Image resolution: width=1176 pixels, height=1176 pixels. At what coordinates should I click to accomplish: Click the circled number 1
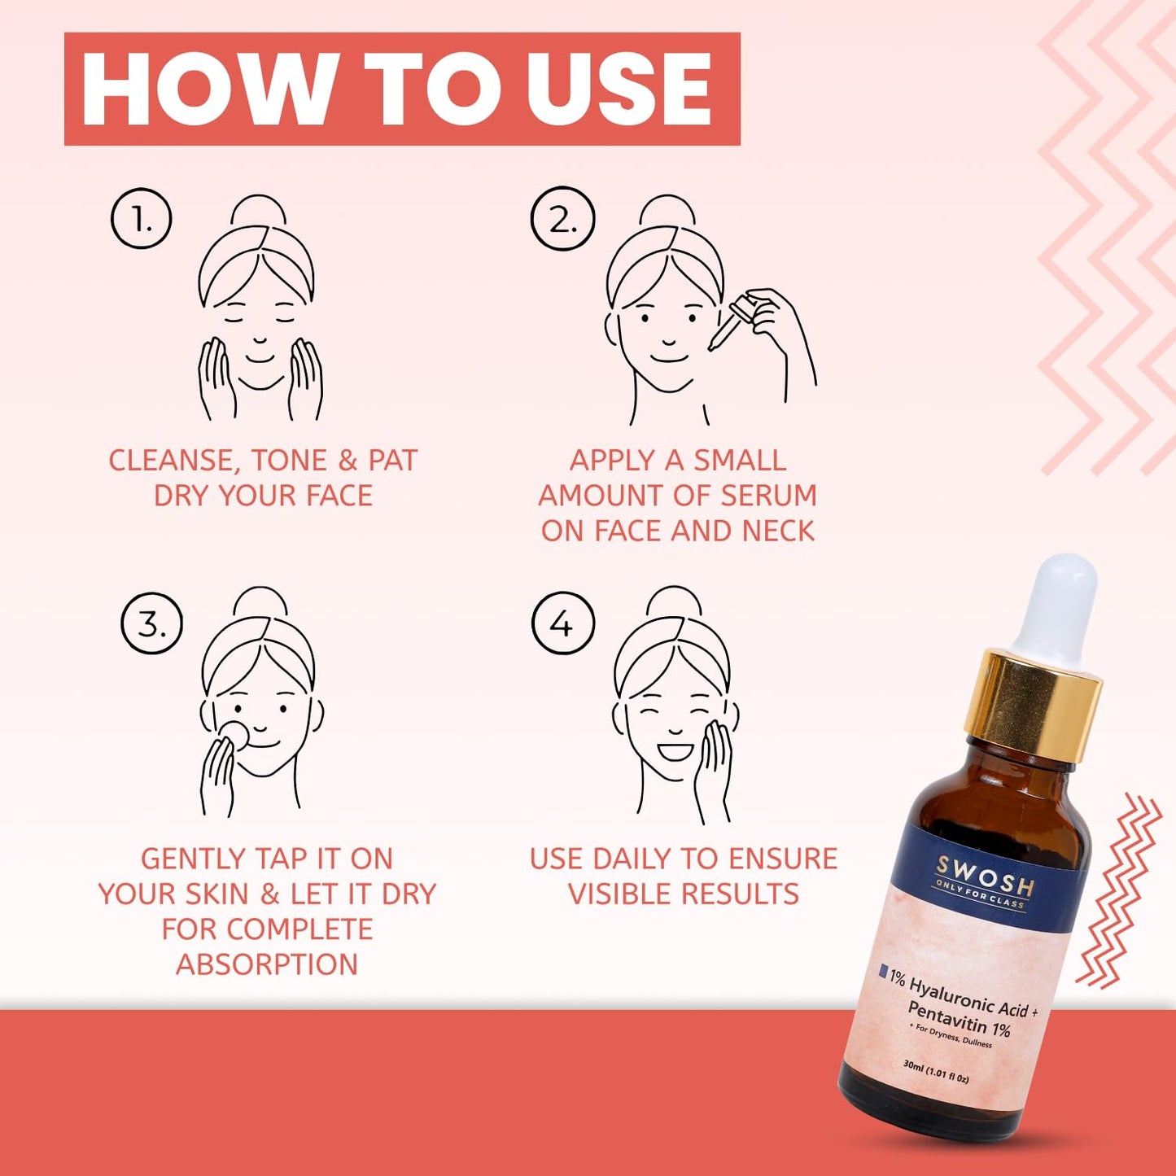142,218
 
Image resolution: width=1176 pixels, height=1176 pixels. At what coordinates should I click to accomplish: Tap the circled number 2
562,219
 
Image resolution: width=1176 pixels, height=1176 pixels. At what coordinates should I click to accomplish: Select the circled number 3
151,624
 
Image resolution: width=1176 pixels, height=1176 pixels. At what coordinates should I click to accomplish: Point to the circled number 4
562,624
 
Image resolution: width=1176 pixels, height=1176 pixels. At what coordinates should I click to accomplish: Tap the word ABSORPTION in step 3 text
267,964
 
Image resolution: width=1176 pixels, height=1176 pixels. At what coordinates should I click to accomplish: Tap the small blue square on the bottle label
884,971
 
